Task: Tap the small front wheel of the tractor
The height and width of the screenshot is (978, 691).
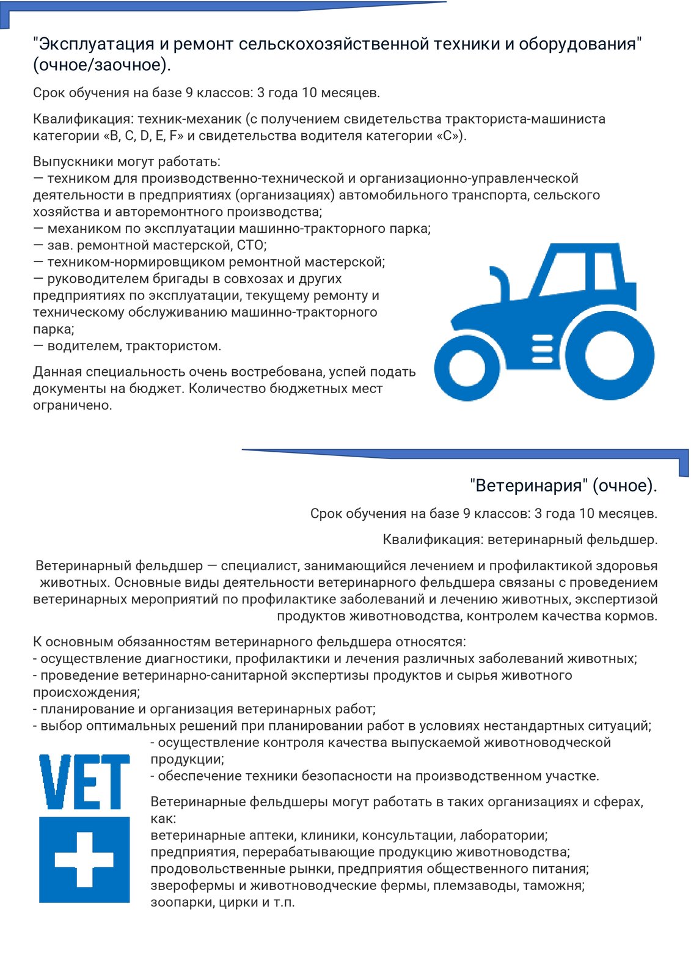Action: (467, 367)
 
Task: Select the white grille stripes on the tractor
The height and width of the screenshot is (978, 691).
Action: (542, 348)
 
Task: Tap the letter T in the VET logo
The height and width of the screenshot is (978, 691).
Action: (115, 782)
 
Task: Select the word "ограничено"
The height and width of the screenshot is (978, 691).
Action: (72, 405)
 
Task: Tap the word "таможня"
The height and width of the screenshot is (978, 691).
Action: (556, 885)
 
